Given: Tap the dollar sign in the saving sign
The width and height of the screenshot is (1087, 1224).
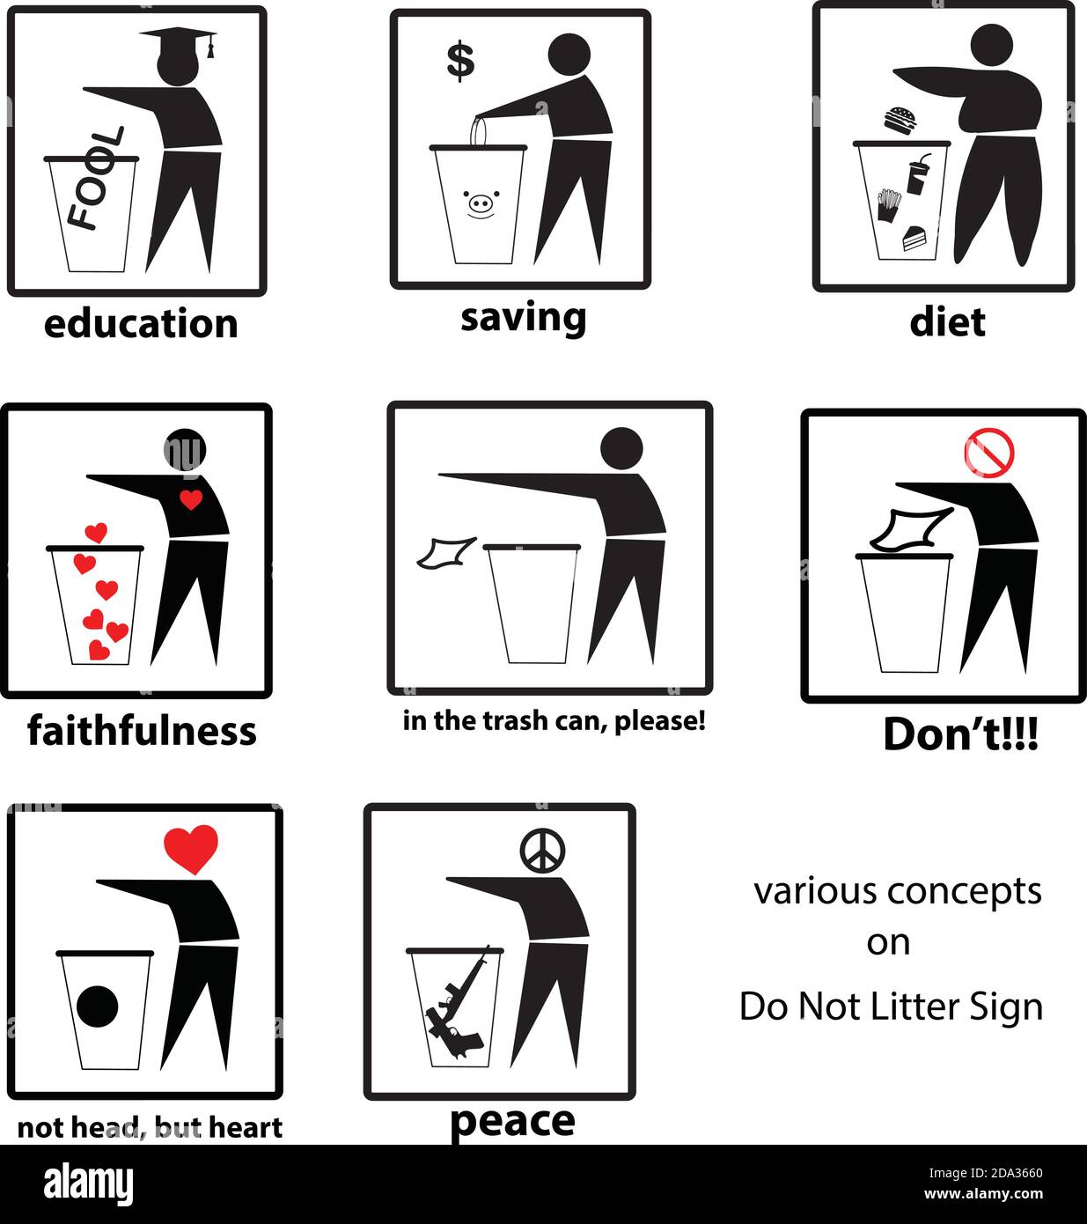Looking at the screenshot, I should [459, 61].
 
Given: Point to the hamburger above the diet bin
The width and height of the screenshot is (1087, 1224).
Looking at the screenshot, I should [900, 120].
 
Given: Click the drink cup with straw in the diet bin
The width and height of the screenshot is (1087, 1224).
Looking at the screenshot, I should [917, 174].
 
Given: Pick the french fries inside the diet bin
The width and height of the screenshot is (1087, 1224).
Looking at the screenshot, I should [888, 205].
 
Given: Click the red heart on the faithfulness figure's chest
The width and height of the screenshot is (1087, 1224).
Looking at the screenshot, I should [191, 500].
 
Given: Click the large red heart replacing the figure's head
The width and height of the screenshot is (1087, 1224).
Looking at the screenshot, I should [190, 847].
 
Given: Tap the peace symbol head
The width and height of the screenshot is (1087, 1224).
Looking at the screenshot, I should [542, 850].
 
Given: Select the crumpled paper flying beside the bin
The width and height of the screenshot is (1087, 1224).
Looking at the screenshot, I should [446, 553].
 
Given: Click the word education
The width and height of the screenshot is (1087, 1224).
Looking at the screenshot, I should [141, 323].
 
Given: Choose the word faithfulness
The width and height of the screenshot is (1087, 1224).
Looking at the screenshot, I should [142, 730].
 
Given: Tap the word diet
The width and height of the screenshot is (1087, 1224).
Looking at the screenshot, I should [947, 321].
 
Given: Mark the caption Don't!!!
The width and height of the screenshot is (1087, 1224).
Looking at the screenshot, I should [960, 734].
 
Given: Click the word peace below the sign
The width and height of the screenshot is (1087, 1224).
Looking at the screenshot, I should [512, 1121].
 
